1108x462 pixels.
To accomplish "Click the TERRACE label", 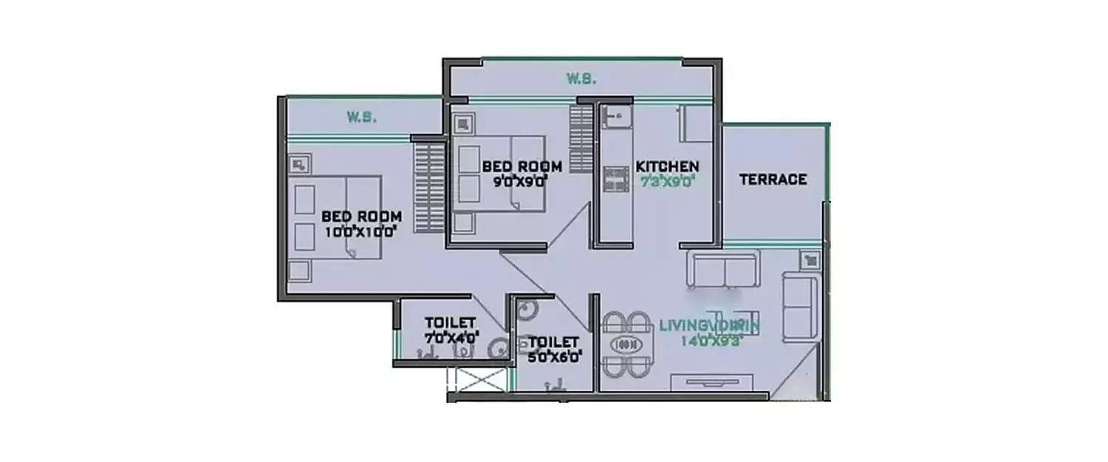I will pyautogui.click(x=773, y=180).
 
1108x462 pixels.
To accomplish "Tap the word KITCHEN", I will pyautogui.click(x=667, y=166).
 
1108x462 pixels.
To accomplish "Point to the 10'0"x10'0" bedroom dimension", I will pyautogui.click(x=360, y=231).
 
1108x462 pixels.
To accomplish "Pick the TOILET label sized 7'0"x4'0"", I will pyautogui.click(x=449, y=323).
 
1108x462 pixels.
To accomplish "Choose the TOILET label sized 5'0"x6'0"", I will pyautogui.click(x=553, y=342).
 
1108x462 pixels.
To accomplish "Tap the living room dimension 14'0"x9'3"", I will pyautogui.click(x=710, y=341).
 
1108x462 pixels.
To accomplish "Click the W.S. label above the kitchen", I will pyautogui.click(x=581, y=79).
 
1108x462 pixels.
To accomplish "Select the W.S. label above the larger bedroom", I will pyautogui.click(x=362, y=117).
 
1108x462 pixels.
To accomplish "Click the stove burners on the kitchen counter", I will pyautogui.click(x=615, y=177).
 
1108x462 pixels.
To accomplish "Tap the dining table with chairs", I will pyautogui.click(x=626, y=344).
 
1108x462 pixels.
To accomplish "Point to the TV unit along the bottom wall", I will pyautogui.click(x=713, y=381).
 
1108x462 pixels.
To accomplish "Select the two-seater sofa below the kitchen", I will pyautogui.click(x=722, y=269).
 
